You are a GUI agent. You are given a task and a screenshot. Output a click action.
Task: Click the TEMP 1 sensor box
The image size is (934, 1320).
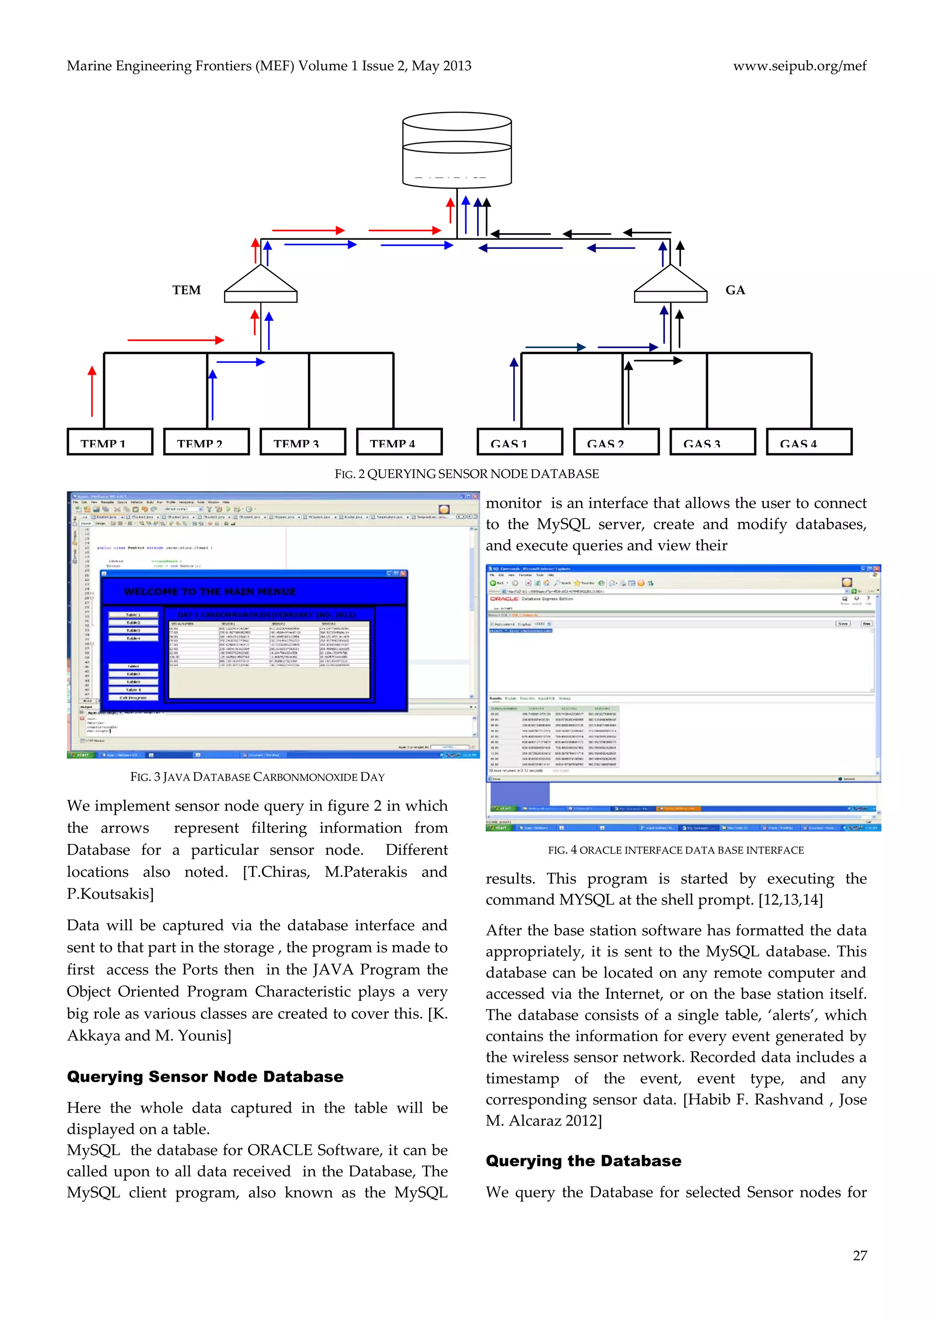pos(110,442)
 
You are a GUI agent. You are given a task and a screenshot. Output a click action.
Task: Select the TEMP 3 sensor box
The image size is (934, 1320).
pos(302,442)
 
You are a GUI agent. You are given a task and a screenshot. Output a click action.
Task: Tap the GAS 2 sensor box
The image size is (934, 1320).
pos(616,442)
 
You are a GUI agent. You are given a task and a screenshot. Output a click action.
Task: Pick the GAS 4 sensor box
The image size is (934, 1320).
pos(809,442)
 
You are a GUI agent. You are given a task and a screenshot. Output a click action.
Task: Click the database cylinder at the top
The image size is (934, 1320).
pos(457,150)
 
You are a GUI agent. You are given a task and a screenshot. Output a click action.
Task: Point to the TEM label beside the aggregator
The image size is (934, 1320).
pos(187,290)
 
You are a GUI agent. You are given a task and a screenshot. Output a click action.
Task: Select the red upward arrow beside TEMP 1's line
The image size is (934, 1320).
pos(92,391)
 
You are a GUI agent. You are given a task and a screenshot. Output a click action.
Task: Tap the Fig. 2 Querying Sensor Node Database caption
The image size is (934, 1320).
pos(467,474)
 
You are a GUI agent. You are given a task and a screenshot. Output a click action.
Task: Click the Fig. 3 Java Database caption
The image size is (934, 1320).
pos(257,777)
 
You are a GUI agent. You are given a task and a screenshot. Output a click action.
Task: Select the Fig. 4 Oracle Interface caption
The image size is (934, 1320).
pos(675,850)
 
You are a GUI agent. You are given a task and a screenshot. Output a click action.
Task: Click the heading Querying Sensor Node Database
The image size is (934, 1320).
pos(205,1077)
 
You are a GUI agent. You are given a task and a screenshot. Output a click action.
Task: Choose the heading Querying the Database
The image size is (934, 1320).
pos(583,1161)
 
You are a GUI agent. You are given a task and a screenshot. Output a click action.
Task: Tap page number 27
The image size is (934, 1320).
pos(859,1256)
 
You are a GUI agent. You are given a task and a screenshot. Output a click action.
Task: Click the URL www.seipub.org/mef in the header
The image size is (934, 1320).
pos(799,66)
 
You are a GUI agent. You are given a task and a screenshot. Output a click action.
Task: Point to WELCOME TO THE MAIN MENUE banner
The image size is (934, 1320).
pos(209,592)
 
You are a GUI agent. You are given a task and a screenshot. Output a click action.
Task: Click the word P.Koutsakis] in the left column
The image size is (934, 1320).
pos(110,894)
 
